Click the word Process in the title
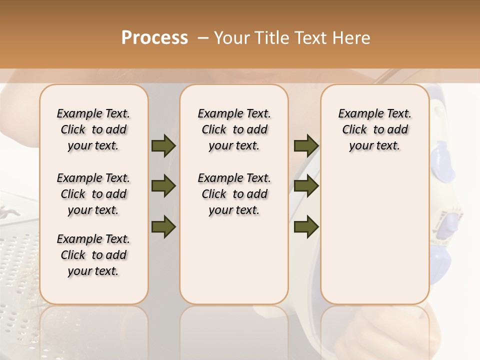[154, 38]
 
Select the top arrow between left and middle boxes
[163, 146]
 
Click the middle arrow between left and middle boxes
[163, 186]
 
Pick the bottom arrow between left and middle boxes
[163, 227]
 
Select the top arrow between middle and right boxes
[306, 146]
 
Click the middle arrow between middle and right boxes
[306, 186]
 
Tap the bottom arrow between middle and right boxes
[306, 227]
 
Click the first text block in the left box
[93, 130]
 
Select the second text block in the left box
[93, 194]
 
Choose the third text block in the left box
[93, 255]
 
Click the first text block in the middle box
[234, 130]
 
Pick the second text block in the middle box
[234, 194]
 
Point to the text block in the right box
[375, 130]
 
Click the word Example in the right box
[356, 114]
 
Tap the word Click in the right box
[354, 130]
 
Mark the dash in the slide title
[202, 38]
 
